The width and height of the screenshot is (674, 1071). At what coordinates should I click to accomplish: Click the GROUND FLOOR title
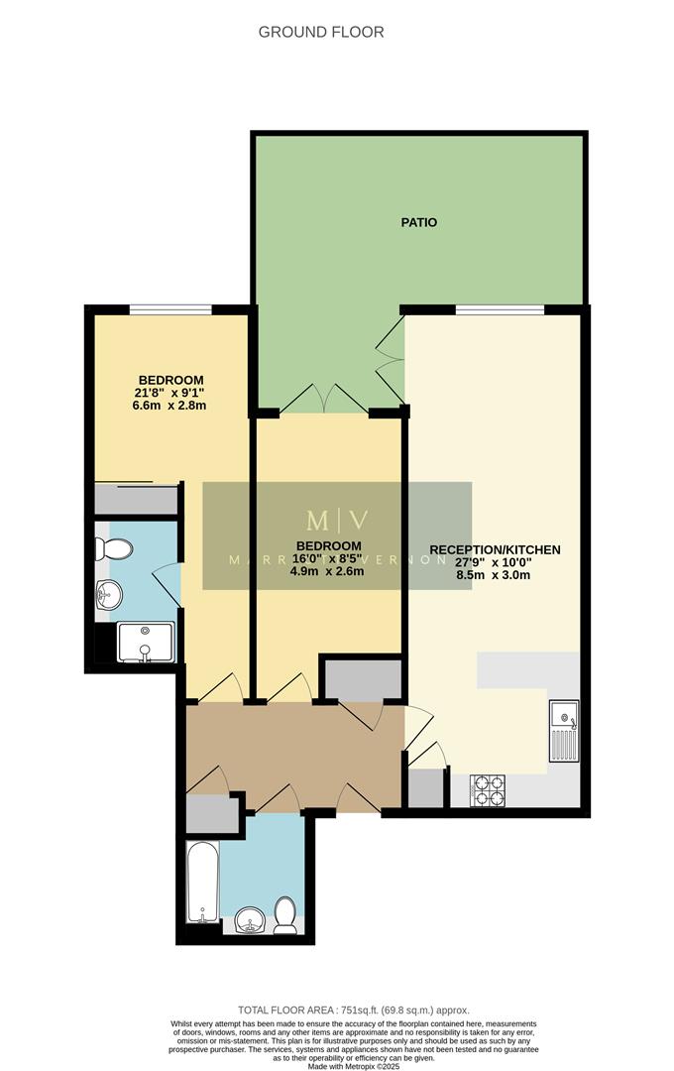coord(321,32)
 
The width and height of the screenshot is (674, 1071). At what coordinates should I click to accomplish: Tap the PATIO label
coord(418,222)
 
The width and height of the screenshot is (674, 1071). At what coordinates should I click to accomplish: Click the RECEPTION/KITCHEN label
coord(495,549)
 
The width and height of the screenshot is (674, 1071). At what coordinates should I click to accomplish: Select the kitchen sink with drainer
coord(565,730)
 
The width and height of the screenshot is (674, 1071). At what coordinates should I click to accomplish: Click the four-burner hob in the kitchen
coord(488,790)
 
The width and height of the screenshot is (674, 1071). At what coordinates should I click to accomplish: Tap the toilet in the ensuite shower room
coord(115,548)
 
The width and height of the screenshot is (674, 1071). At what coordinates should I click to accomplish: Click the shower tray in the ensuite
coord(145,642)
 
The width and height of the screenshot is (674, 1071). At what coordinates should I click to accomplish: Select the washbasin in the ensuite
coord(109,596)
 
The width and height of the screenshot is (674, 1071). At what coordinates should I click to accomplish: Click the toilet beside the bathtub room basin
coord(285,915)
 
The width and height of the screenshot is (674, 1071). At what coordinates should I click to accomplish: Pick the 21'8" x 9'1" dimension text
coord(170,393)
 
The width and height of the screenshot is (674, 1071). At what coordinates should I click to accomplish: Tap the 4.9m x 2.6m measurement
coord(326,570)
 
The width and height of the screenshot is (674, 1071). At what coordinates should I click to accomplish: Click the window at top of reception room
coord(500,310)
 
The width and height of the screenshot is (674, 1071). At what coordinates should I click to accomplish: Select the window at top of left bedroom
coord(169,310)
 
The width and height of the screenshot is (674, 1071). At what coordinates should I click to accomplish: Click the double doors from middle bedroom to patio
coord(325,401)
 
